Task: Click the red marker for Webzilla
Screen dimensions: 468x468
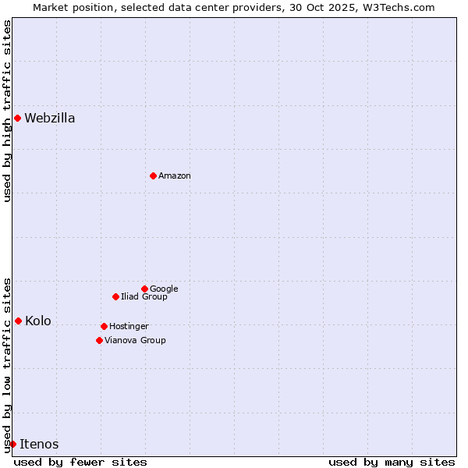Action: pyautogui.click(x=17, y=118)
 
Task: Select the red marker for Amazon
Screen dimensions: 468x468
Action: pyautogui.click(x=153, y=175)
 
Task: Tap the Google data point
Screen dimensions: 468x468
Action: pyautogui.click(x=144, y=289)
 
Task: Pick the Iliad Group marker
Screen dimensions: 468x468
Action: pyautogui.click(x=115, y=296)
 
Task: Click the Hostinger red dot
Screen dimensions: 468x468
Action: pyautogui.click(x=104, y=326)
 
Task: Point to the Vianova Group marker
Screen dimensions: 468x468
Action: pyautogui.click(x=99, y=340)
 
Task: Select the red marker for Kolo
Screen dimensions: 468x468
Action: pyautogui.click(x=18, y=321)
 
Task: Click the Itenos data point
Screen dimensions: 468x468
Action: pyautogui.click(x=12, y=444)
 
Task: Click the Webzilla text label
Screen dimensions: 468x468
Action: pyautogui.click(x=50, y=119)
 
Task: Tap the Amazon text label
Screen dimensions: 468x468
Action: pyautogui.click(x=175, y=176)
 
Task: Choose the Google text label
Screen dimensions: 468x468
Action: pyautogui.click(x=164, y=289)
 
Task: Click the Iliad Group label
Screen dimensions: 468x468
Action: pyautogui.click(x=144, y=296)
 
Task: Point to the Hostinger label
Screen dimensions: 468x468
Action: pyautogui.click(x=129, y=326)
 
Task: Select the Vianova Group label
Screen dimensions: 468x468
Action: pyautogui.click(x=135, y=340)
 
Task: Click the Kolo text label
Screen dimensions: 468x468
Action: pyautogui.click(x=38, y=321)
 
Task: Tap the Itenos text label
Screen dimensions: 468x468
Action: pyautogui.click(x=39, y=445)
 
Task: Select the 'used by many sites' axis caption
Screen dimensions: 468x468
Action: pyautogui.click(x=392, y=462)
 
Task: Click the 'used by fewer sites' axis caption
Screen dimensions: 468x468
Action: pyautogui.click(x=80, y=462)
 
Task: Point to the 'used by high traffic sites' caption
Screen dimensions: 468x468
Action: pyautogui.click(x=7, y=111)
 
